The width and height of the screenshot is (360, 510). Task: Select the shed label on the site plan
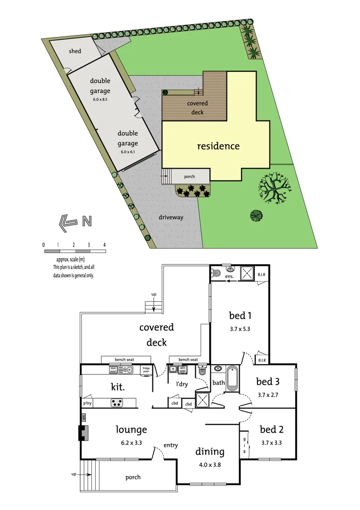click(75, 51)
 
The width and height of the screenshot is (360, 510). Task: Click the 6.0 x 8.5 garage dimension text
click(100, 100)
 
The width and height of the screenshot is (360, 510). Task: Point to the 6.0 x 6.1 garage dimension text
click(128, 152)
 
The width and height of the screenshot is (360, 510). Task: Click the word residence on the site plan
click(218, 146)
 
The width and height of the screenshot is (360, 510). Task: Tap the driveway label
click(171, 217)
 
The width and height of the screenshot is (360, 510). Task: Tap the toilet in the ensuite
click(215, 272)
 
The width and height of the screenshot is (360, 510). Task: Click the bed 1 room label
click(240, 315)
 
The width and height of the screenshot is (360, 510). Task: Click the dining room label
click(210, 452)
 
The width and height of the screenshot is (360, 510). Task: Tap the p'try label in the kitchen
click(87, 403)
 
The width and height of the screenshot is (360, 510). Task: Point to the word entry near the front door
click(170, 445)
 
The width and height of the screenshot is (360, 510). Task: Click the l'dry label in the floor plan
click(182, 384)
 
